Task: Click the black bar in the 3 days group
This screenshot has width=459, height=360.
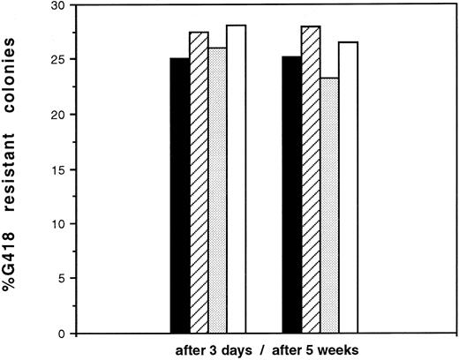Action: [180, 196]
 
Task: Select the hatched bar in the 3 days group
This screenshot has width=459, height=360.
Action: [199, 183]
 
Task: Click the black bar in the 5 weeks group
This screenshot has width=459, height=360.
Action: [291, 195]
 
